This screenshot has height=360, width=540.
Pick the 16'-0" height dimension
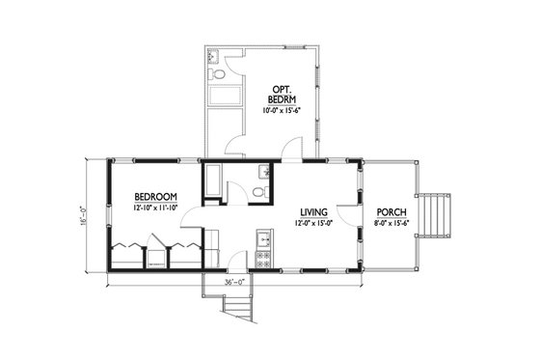(86, 214)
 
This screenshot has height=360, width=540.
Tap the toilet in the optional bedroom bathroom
(220, 72)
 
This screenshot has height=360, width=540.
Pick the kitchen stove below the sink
(260, 258)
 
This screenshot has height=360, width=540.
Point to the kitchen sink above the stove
(260, 236)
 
